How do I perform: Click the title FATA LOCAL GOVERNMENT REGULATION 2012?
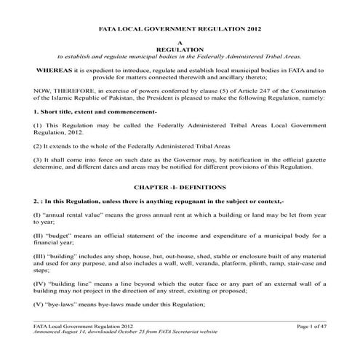180,32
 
